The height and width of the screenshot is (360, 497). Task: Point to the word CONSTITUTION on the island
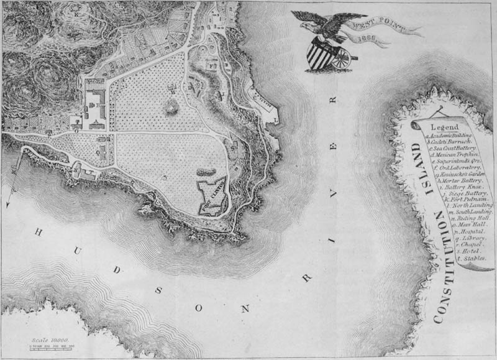pos(442,274)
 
